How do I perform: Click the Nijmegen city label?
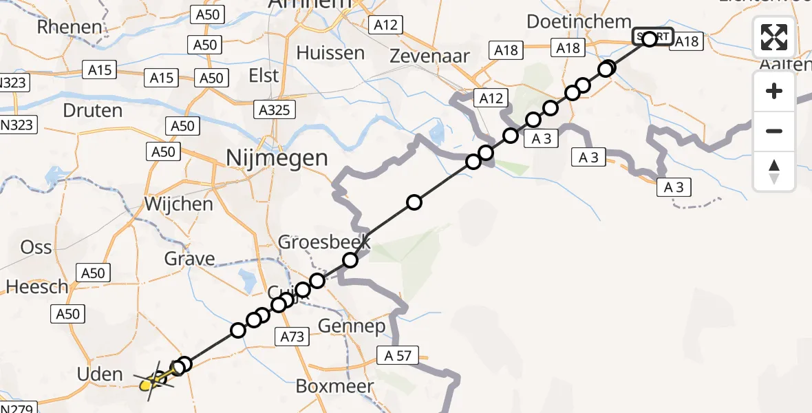coord(277,159)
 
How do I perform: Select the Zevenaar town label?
coord(429,56)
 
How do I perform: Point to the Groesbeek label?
coord(324,242)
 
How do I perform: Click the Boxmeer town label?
coord(335,386)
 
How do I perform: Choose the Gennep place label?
coord(352,326)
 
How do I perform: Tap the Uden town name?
coord(100,375)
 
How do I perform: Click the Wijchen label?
coord(178,204)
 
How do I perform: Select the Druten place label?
coord(92,111)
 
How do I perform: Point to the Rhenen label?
coord(70,28)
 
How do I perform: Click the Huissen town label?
coord(330,53)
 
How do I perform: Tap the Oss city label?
coord(36,246)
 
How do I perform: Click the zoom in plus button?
coord(774,92)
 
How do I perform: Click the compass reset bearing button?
coord(774,171)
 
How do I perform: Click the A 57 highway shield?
coord(397,356)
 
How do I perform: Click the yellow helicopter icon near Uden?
coord(147,385)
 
